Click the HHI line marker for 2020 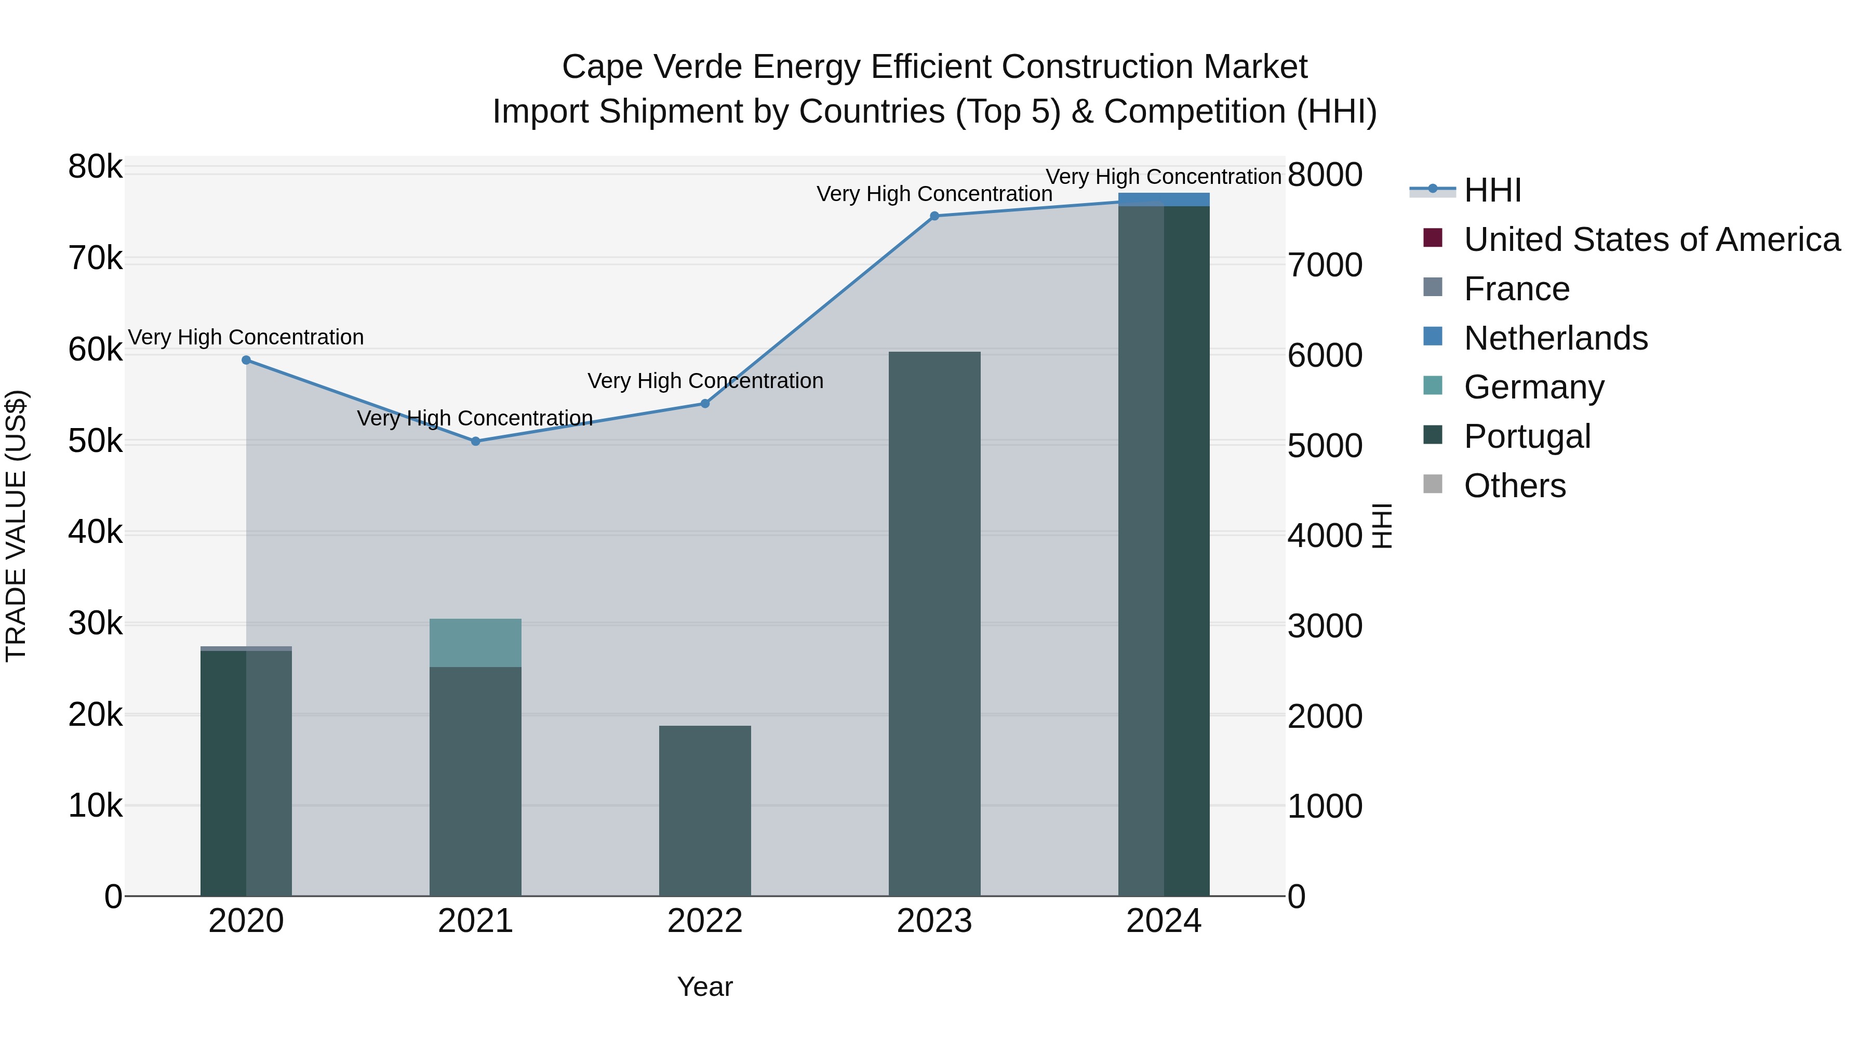tap(246, 360)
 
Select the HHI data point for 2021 tap(475, 442)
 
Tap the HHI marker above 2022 tap(705, 404)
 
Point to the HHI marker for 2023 tap(934, 216)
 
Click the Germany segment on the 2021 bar tap(475, 643)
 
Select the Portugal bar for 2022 tap(705, 810)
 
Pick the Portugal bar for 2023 tap(934, 624)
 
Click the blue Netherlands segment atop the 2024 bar tap(1164, 199)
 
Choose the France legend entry tap(1516, 289)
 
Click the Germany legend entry tap(1533, 387)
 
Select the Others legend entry tap(1514, 486)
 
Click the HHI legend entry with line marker tap(1492, 190)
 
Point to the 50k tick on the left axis tap(95, 442)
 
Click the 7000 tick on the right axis tap(1325, 265)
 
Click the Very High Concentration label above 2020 tap(246, 338)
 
